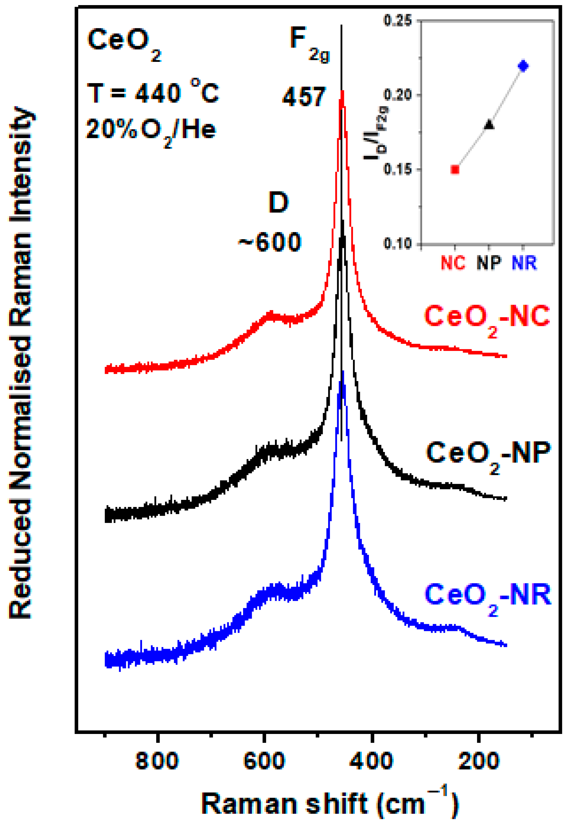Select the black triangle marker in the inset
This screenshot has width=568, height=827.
point(490,124)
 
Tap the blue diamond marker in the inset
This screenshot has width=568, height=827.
point(523,66)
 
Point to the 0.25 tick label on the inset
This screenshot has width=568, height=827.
point(397,20)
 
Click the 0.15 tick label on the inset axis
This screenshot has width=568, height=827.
point(397,169)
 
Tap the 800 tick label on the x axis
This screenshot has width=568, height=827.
point(157,761)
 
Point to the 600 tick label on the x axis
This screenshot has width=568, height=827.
point(264,761)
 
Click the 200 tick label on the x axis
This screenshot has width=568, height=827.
point(479,761)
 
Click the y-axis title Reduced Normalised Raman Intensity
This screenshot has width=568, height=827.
point(21,363)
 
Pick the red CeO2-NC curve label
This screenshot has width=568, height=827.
point(487,318)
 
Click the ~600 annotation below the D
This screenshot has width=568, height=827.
point(270,243)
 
